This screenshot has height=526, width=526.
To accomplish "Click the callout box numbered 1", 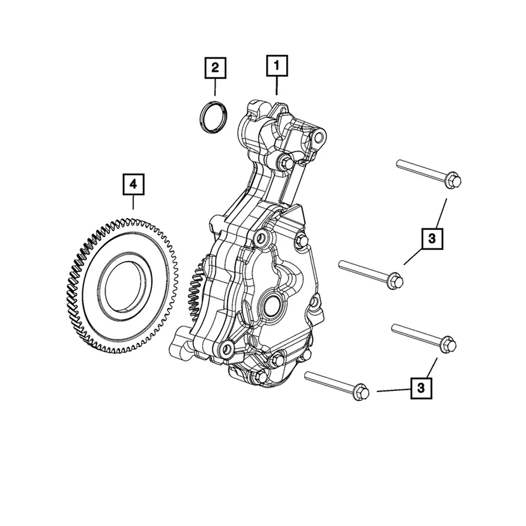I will point(277,66).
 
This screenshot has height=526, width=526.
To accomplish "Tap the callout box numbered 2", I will point(215,68).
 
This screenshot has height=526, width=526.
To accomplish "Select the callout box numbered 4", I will point(133,185).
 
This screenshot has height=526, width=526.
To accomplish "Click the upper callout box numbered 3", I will point(432,239).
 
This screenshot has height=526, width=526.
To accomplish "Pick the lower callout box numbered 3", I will point(421,388).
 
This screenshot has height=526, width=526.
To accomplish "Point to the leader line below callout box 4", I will point(133,202).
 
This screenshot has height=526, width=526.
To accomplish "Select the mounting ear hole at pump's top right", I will point(318,137).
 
